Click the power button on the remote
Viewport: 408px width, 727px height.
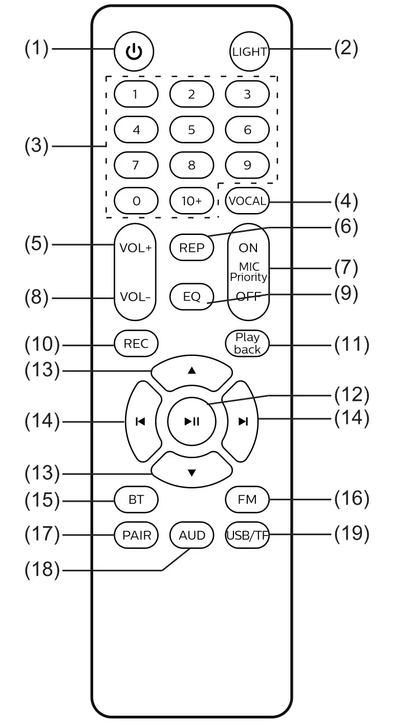tap(134, 51)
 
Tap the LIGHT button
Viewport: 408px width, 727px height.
tap(249, 51)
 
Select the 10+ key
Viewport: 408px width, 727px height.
tap(191, 201)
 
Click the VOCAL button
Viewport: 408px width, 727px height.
tap(247, 201)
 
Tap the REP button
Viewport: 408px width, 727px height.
tap(191, 248)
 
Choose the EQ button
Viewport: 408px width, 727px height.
tap(191, 296)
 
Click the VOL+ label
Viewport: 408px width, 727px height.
tap(135, 248)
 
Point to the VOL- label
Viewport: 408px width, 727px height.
tap(135, 296)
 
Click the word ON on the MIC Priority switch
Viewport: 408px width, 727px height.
tap(248, 248)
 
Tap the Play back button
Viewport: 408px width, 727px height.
tap(247, 344)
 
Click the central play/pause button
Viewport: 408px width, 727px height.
tap(191, 421)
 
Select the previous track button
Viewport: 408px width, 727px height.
tap(142, 421)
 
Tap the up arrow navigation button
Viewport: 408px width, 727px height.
tap(191, 373)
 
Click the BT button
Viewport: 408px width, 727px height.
tap(136, 500)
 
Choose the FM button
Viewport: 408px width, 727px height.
tap(247, 500)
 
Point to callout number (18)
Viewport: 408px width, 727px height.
tap(42, 570)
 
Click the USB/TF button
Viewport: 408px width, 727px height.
tap(247, 535)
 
